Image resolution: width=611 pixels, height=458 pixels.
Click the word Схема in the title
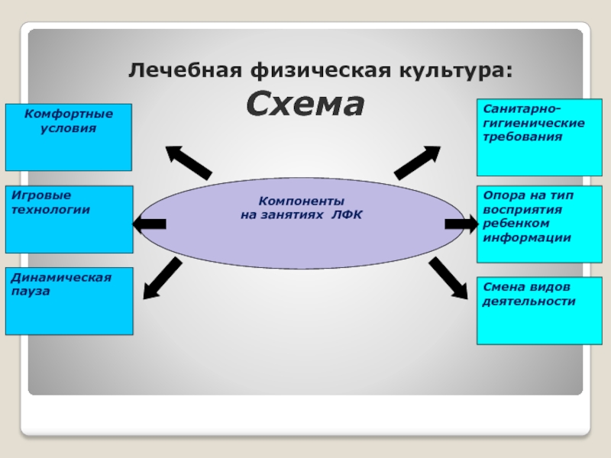point(305,105)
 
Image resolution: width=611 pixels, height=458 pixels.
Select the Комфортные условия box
point(69,137)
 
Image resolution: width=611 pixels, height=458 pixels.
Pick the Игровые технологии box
point(69,219)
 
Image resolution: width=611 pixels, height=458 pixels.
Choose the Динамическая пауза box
point(69,301)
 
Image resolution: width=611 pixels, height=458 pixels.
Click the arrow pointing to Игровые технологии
point(150,224)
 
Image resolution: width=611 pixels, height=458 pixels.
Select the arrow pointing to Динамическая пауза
point(162,278)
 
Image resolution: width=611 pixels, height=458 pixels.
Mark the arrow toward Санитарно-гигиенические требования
point(416,161)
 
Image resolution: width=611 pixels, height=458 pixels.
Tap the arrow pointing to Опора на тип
point(461,224)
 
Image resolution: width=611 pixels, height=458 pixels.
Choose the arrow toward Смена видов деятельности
point(448,278)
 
